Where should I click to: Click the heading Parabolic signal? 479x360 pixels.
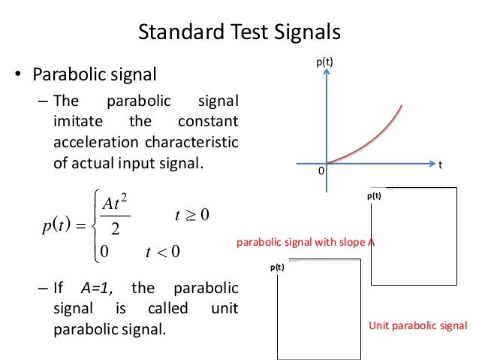click(93, 75)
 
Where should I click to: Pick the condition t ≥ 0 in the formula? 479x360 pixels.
click(190, 216)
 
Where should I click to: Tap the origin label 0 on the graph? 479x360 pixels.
click(319, 171)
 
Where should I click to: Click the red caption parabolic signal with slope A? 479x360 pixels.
click(306, 243)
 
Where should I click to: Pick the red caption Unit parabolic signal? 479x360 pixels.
click(418, 325)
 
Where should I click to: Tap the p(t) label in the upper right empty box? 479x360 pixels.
click(374, 195)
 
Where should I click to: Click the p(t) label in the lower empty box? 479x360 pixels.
click(278, 267)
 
